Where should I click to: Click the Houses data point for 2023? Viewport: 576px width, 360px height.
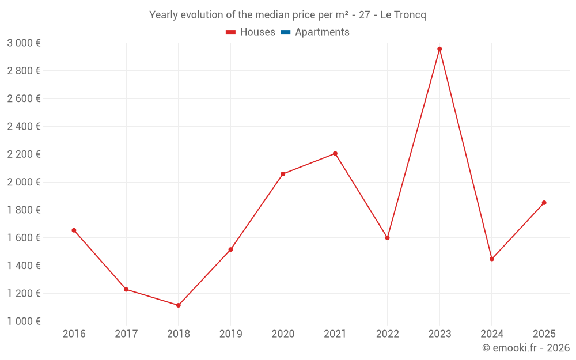(439, 49)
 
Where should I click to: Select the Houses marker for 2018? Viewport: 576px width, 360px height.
(179, 305)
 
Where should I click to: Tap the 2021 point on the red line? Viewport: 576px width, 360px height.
(335, 154)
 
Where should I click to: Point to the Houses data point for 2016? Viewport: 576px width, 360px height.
(74, 230)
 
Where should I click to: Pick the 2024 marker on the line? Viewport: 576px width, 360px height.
(492, 259)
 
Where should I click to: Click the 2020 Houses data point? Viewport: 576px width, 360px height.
(283, 174)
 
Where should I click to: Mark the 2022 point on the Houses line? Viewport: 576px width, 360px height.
(387, 238)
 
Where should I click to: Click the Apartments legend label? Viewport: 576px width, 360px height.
(322, 32)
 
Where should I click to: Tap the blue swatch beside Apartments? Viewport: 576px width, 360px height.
(285, 32)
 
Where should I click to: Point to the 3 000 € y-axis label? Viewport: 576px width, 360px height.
(24, 43)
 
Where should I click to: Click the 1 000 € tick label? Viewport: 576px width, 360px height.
(24, 321)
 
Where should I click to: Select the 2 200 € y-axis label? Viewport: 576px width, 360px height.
(24, 154)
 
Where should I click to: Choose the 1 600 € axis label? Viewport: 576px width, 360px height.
(24, 238)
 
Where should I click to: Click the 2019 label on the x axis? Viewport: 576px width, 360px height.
(230, 334)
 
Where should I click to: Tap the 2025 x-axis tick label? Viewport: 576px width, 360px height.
(544, 334)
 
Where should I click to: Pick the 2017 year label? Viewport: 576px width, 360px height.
(126, 334)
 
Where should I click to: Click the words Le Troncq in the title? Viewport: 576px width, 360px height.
(403, 15)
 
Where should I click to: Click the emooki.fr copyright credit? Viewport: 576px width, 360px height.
(526, 348)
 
